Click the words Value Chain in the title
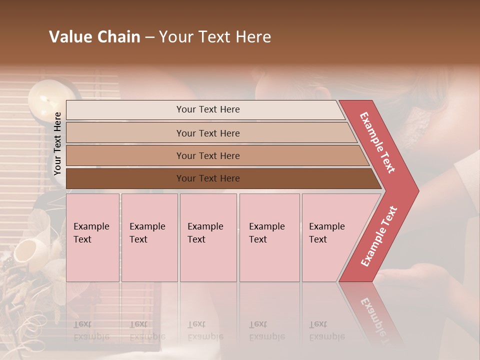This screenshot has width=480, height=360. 94,37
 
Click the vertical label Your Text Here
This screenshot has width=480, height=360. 58,143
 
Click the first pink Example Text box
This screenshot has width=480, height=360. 92,237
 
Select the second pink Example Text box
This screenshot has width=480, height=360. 149,237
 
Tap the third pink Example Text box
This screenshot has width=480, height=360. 208,237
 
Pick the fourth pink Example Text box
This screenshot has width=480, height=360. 269,237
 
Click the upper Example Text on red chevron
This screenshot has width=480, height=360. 377,142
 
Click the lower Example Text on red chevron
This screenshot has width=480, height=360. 379,236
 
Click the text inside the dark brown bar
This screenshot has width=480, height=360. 208,178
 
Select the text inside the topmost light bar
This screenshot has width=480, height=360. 208,109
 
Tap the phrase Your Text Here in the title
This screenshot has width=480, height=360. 215,37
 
